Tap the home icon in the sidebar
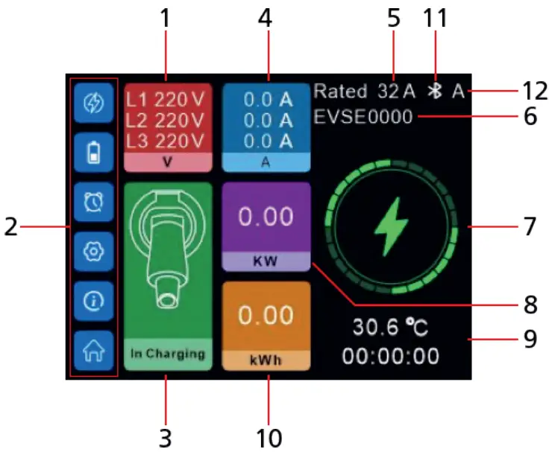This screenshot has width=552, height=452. pos(93,349)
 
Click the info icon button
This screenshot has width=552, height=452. pos(93,300)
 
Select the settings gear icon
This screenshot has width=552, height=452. pos(93,251)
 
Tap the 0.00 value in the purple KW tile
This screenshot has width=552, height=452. pos(266,218)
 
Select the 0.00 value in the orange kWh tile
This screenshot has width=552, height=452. pos(266,316)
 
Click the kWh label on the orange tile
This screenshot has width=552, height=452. pos(266,360)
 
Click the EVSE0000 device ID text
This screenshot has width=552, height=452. pos(363,117)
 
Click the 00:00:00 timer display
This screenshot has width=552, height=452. pos(391,356)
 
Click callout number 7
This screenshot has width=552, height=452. pos(528,226)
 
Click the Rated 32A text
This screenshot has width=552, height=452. pos(363,92)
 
